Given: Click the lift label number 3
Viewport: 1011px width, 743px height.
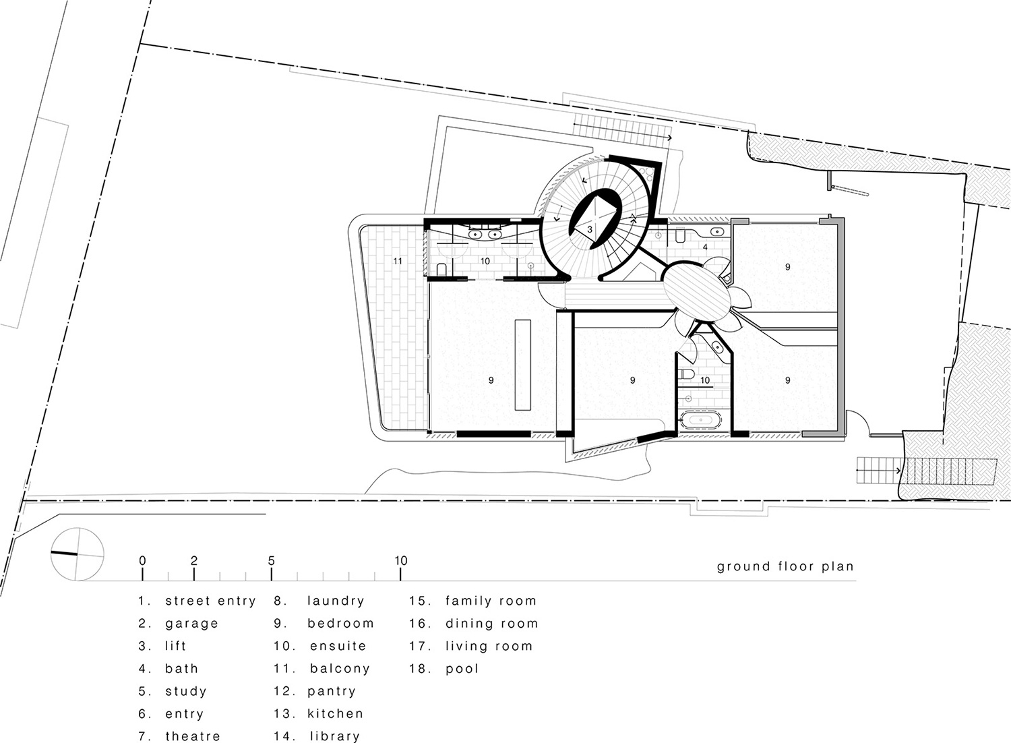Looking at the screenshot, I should pyautogui.click(x=590, y=230).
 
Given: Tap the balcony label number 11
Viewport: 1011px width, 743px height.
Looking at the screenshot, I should pyautogui.click(x=398, y=261).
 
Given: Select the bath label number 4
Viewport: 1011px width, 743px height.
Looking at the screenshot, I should pyautogui.click(x=705, y=247).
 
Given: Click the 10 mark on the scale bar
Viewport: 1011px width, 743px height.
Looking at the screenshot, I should pyautogui.click(x=401, y=561).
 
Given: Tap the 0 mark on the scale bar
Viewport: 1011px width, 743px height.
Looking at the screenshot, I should pyautogui.click(x=142, y=561).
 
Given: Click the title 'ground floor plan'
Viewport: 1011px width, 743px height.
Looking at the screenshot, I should pyautogui.click(x=785, y=566).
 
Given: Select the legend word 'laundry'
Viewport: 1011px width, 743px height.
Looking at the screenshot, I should pyautogui.click(x=336, y=601).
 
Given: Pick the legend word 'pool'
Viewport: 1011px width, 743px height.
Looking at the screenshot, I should pyautogui.click(x=462, y=669).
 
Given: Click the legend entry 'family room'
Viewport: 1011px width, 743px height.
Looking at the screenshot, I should pyautogui.click(x=491, y=601).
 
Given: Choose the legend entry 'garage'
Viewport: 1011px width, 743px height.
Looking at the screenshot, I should pyautogui.click(x=191, y=624).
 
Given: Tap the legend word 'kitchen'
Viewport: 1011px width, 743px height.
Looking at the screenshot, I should pyautogui.click(x=335, y=713).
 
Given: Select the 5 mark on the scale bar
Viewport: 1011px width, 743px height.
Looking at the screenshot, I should pyautogui.click(x=271, y=561).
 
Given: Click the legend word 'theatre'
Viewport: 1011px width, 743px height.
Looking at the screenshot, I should pyautogui.click(x=192, y=736).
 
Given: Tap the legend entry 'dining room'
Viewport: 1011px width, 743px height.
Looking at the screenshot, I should pyautogui.click(x=491, y=624).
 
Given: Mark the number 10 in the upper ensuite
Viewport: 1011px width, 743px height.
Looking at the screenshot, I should pyautogui.click(x=485, y=261).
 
